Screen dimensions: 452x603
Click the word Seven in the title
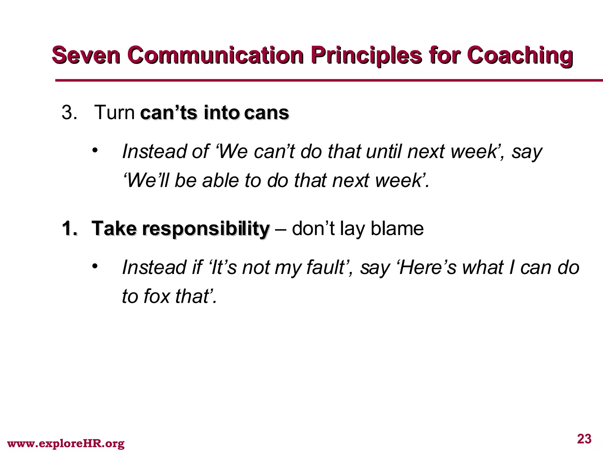pos(86,55)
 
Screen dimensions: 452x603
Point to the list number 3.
pos(69,112)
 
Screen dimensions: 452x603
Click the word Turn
pos(114,112)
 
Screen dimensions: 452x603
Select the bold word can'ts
pos(169,113)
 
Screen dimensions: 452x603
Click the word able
pos(221,180)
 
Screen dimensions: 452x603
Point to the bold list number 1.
pos(69,228)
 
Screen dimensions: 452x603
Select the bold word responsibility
pos(206,229)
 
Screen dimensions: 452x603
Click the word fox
pos(157,296)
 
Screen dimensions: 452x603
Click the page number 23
pos(584,439)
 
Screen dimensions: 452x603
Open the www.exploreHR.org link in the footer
pos(66,443)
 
